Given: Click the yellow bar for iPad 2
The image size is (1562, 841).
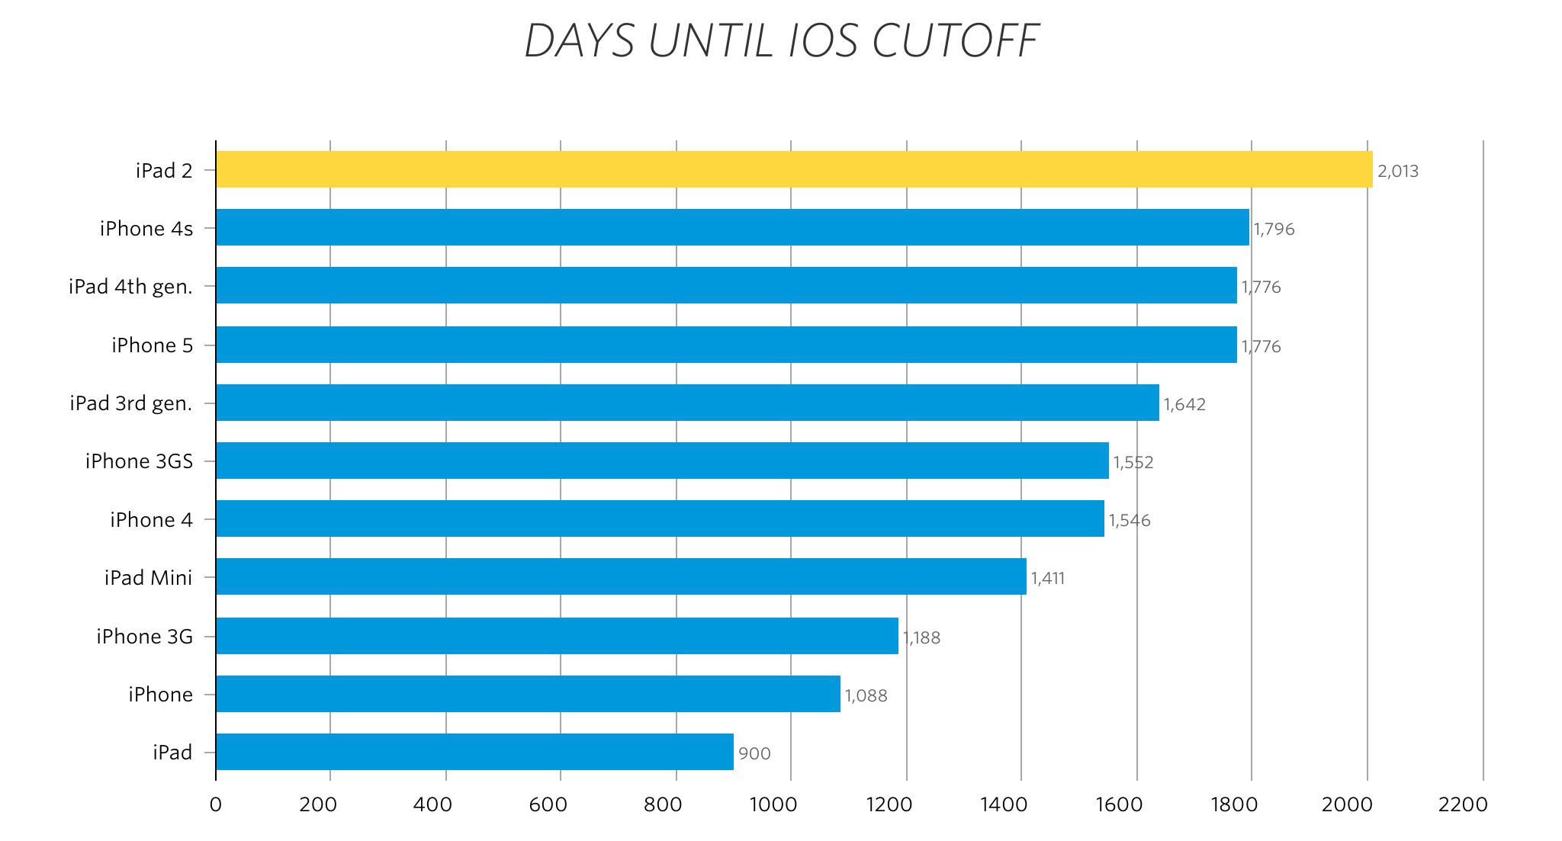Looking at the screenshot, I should point(793,169).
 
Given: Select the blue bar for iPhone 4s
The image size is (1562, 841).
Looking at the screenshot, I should point(732,227).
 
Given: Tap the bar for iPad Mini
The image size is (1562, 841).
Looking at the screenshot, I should point(621,576).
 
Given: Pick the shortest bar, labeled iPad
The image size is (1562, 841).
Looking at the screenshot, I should point(474,752).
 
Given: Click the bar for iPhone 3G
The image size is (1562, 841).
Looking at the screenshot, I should point(557,636).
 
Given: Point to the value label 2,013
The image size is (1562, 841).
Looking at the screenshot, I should point(1398,172).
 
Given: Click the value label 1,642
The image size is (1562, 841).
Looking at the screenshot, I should point(1184,405).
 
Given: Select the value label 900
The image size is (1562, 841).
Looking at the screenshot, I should point(754,754).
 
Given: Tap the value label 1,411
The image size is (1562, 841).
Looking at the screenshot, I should point(1048,579).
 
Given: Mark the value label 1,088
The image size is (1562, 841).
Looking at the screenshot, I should point(866,696).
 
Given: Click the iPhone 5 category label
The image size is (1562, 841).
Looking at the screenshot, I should point(153,345).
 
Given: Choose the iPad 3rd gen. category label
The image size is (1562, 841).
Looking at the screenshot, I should point(131,403).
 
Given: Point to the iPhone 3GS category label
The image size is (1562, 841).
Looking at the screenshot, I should point(139,461).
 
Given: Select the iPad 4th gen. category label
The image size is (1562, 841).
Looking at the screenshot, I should point(130,287).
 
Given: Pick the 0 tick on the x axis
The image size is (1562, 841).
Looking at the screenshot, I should point(216,805).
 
